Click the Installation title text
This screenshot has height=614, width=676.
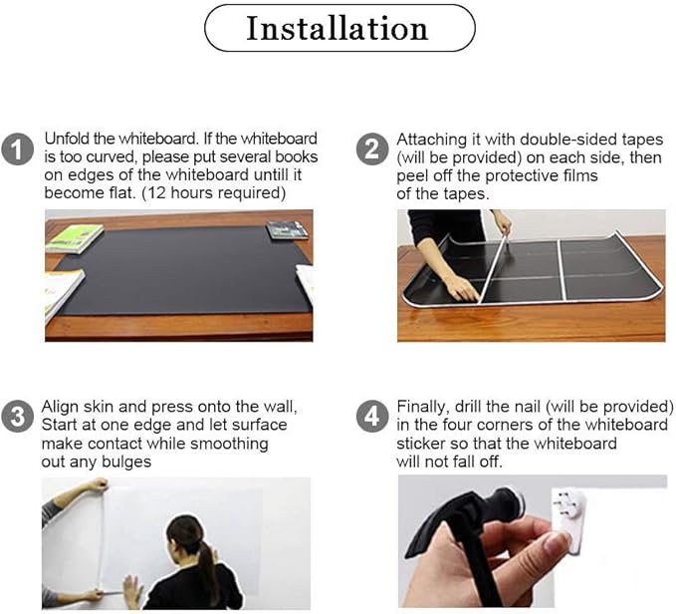pyautogui.click(x=338, y=28)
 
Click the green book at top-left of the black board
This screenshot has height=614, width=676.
pyautogui.click(x=75, y=237)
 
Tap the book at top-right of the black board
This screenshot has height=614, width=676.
pyautogui.click(x=287, y=230)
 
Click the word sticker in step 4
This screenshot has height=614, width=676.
pyautogui.click(x=422, y=444)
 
